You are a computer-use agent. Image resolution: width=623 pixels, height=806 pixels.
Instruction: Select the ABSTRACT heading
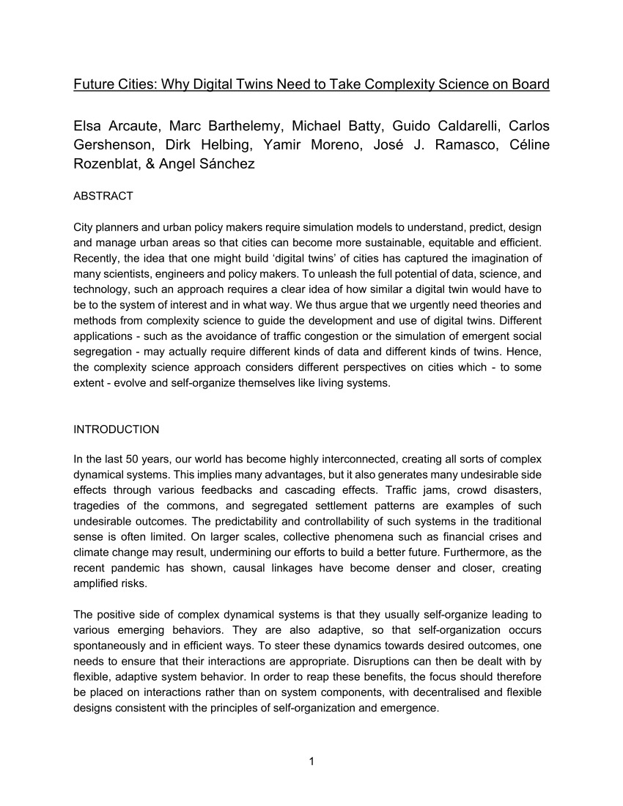point(103,196)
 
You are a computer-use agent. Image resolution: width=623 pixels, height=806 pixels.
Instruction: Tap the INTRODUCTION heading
point(116,429)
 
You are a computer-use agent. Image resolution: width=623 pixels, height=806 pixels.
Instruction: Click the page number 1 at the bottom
point(311,761)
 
